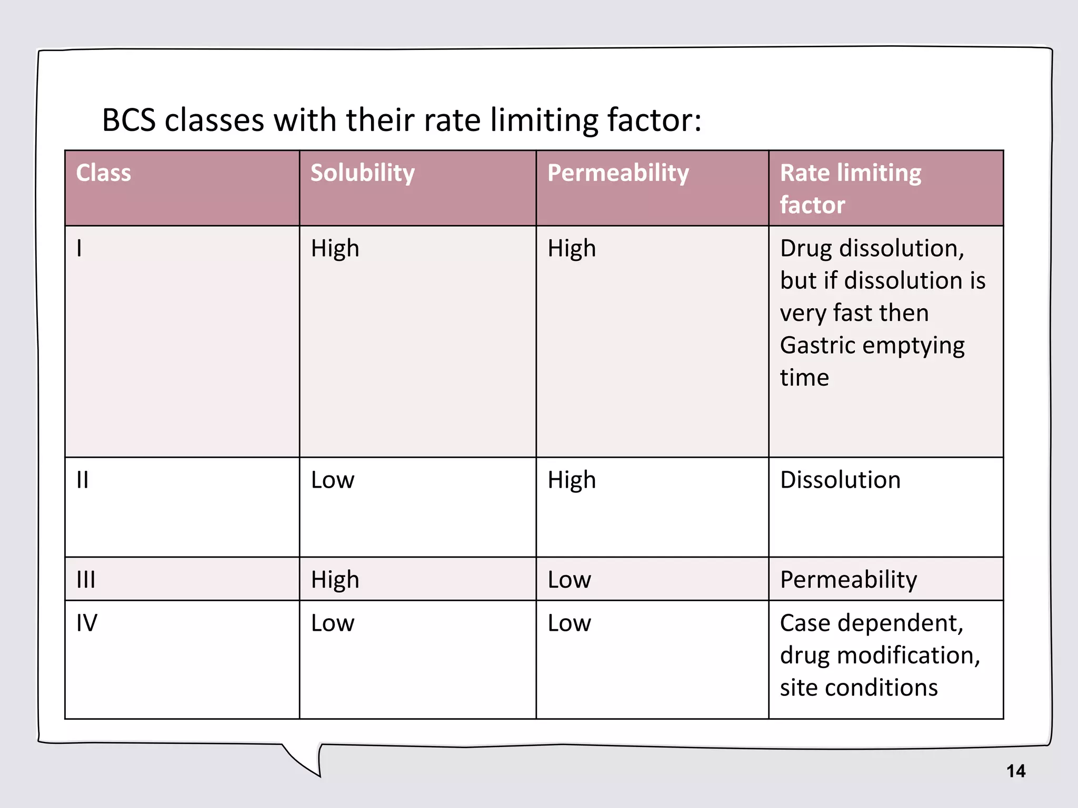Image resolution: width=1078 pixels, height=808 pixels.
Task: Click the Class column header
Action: pyautogui.click(x=103, y=173)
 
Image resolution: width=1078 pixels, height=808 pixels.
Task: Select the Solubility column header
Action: pyautogui.click(x=362, y=173)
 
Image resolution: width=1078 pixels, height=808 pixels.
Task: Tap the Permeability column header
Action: pyautogui.click(x=618, y=173)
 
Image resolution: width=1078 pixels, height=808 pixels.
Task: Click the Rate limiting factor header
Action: pyautogui.click(x=850, y=188)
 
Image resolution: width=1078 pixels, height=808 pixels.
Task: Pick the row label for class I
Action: pyautogui.click(x=79, y=248)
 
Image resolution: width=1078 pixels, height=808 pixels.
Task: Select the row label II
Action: pyautogui.click(x=83, y=480)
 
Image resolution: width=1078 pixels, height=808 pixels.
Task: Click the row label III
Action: pyautogui.click(x=86, y=580)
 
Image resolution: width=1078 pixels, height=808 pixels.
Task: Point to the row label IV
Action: pyautogui.click(x=87, y=623)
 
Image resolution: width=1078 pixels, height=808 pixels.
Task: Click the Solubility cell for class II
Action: pyautogui.click(x=333, y=480)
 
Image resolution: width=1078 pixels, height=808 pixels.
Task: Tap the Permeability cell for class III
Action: pyautogui.click(x=569, y=580)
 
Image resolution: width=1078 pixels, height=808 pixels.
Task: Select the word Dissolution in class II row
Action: pyautogui.click(x=840, y=480)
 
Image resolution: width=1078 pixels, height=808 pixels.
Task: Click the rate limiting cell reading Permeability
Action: pyautogui.click(x=848, y=580)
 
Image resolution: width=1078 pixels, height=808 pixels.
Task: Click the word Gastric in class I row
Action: pyautogui.click(x=817, y=346)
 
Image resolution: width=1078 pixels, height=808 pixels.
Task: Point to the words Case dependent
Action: pyautogui.click(x=871, y=623)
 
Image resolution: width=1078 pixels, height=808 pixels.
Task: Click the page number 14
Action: pyautogui.click(x=1015, y=771)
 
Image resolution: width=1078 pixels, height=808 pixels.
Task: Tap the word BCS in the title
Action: pyautogui.click(x=129, y=120)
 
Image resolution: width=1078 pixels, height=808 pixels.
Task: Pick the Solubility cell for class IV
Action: pyautogui.click(x=333, y=623)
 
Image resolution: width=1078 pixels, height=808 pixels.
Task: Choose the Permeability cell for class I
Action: pyautogui.click(x=572, y=248)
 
